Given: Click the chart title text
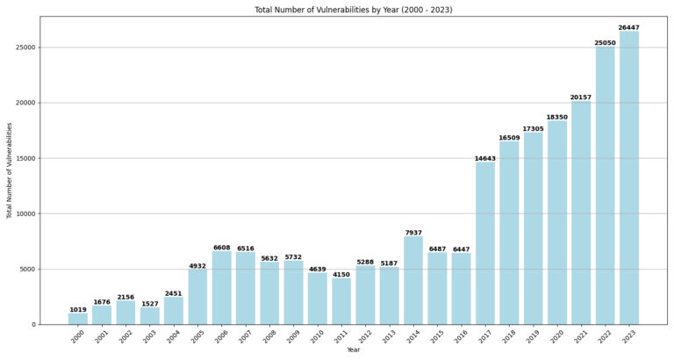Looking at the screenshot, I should click(x=353, y=10).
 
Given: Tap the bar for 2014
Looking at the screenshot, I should click(x=413, y=280).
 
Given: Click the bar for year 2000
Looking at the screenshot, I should click(x=78, y=319).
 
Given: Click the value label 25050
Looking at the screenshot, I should click(x=605, y=43).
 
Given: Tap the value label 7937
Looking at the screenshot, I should click(x=413, y=233).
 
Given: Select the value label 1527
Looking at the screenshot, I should click(x=150, y=304).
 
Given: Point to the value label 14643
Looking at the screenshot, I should click(x=485, y=159).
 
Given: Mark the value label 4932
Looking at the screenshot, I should click(x=197, y=266).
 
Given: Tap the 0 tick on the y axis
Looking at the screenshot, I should click(x=32, y=325).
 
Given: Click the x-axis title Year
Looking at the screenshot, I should click(x=353, y=350).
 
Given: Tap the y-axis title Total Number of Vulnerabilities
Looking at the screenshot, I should click(x=10, y=170).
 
